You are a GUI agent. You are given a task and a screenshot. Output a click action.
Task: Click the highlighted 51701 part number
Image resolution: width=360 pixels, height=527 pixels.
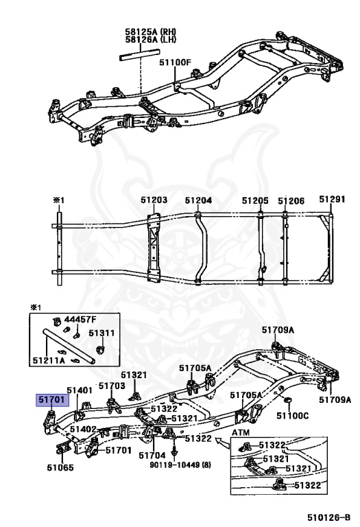pos(53,399)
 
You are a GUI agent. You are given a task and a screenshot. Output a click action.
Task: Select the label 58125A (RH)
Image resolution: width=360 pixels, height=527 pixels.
pos(151,32)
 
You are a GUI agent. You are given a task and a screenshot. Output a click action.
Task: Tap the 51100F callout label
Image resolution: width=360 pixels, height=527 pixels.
pos(175,62)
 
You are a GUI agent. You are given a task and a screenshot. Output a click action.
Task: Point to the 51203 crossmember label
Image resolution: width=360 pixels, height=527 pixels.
pos(154,200)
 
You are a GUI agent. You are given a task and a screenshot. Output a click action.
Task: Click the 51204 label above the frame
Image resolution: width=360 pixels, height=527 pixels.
pos(198,200)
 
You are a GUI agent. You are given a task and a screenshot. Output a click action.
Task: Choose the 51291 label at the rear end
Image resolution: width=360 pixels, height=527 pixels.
pos(332,199)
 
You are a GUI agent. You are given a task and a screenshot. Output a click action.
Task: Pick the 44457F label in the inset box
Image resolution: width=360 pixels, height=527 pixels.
pos(80,319)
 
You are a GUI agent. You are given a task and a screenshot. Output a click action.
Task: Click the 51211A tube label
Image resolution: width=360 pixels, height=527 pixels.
pos(49,361)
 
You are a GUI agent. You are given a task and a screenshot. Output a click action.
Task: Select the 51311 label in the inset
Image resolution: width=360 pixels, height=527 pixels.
pos(101,333)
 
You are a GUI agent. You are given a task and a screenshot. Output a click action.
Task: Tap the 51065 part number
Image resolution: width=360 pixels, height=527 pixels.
pos(60,467)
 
